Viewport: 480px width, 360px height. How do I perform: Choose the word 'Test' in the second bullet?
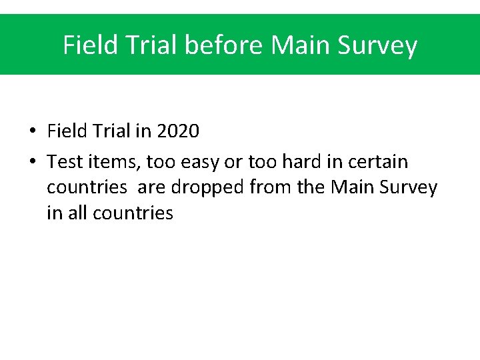[x=62, y=161]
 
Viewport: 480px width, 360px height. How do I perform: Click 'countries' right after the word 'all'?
[x=133, y=213]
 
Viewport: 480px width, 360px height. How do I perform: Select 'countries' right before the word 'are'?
[x=86, y=187]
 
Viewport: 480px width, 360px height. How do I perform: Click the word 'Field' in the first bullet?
[x=67, y=131]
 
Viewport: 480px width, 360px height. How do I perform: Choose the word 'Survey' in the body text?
[x=409, y=188]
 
